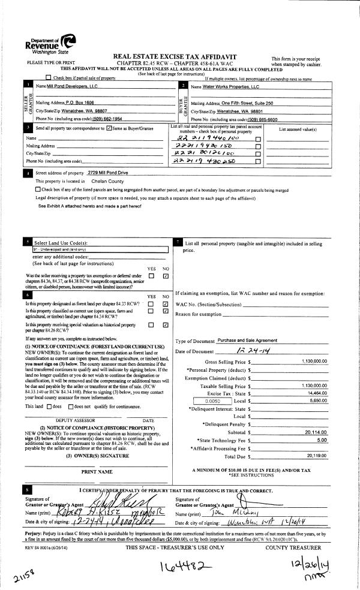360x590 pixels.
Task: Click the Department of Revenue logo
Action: point(51,43)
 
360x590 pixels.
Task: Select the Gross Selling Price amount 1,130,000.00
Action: point(315,362)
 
